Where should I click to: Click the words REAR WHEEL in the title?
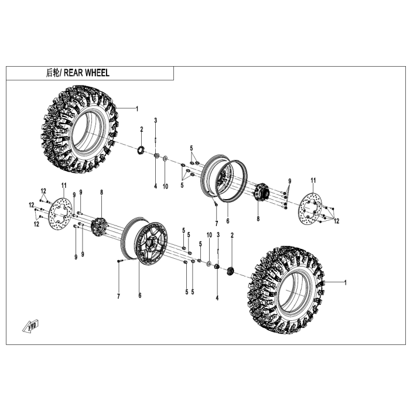pos(86,73)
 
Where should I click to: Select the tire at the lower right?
pos(287,289)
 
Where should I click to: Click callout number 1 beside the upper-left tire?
pos(137,108)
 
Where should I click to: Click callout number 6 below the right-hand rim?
pos(227,222)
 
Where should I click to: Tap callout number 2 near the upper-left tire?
pos(141,129)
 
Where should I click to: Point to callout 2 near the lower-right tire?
pos(232,235)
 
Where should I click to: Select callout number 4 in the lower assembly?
pos(217,298)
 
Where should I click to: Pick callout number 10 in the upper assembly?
pos(165,186)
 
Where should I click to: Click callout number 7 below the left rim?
pos(118,296)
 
